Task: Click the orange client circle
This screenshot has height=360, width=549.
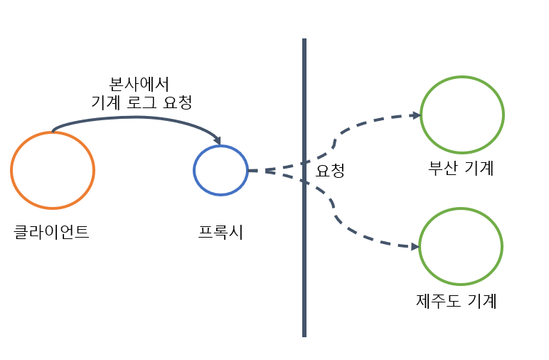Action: click(x=53, y=170)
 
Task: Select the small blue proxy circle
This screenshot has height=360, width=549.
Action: click(x=220, y=170)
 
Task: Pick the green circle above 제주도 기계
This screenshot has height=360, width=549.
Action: click(x=461, y=247)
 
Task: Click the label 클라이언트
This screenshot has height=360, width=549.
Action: click(x=52, y=232)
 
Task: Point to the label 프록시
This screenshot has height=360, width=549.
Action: click(x=220, y=232)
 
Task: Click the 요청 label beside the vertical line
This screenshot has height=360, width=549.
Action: click(x=331, y=171)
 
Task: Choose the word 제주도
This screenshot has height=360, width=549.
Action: click(x=439, y=301)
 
